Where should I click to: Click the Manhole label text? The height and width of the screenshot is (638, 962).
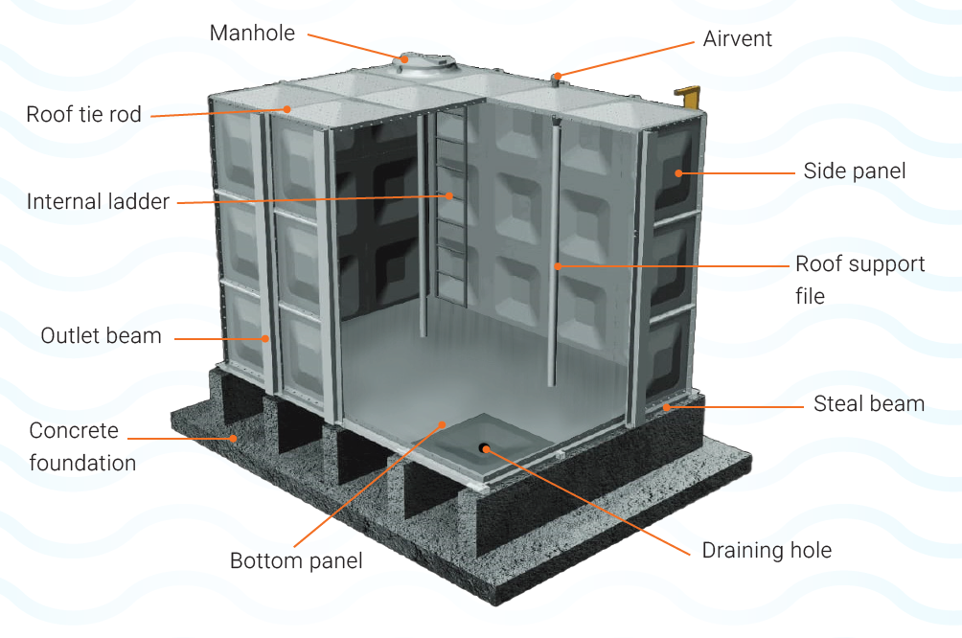point(252,34)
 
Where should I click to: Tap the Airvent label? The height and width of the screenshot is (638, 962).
point(737,39)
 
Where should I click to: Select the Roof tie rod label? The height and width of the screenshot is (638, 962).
point(83,115)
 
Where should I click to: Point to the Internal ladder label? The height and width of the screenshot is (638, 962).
point(98,202)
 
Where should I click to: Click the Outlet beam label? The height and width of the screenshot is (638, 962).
point(101,336)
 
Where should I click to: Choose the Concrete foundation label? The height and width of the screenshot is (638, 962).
point(82,446)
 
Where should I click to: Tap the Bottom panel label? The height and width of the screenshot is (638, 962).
point(296,560)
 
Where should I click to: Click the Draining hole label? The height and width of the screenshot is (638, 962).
point(767,550)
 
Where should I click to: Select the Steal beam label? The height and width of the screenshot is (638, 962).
point(869,403)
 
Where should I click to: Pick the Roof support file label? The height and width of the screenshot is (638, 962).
point(859,279)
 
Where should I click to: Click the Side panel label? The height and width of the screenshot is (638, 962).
point(855,171)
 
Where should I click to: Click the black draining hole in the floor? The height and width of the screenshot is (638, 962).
point(484,447)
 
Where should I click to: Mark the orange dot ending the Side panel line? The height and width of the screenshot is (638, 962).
point(677,173)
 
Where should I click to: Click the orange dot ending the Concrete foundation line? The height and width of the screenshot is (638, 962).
point(232,439)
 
